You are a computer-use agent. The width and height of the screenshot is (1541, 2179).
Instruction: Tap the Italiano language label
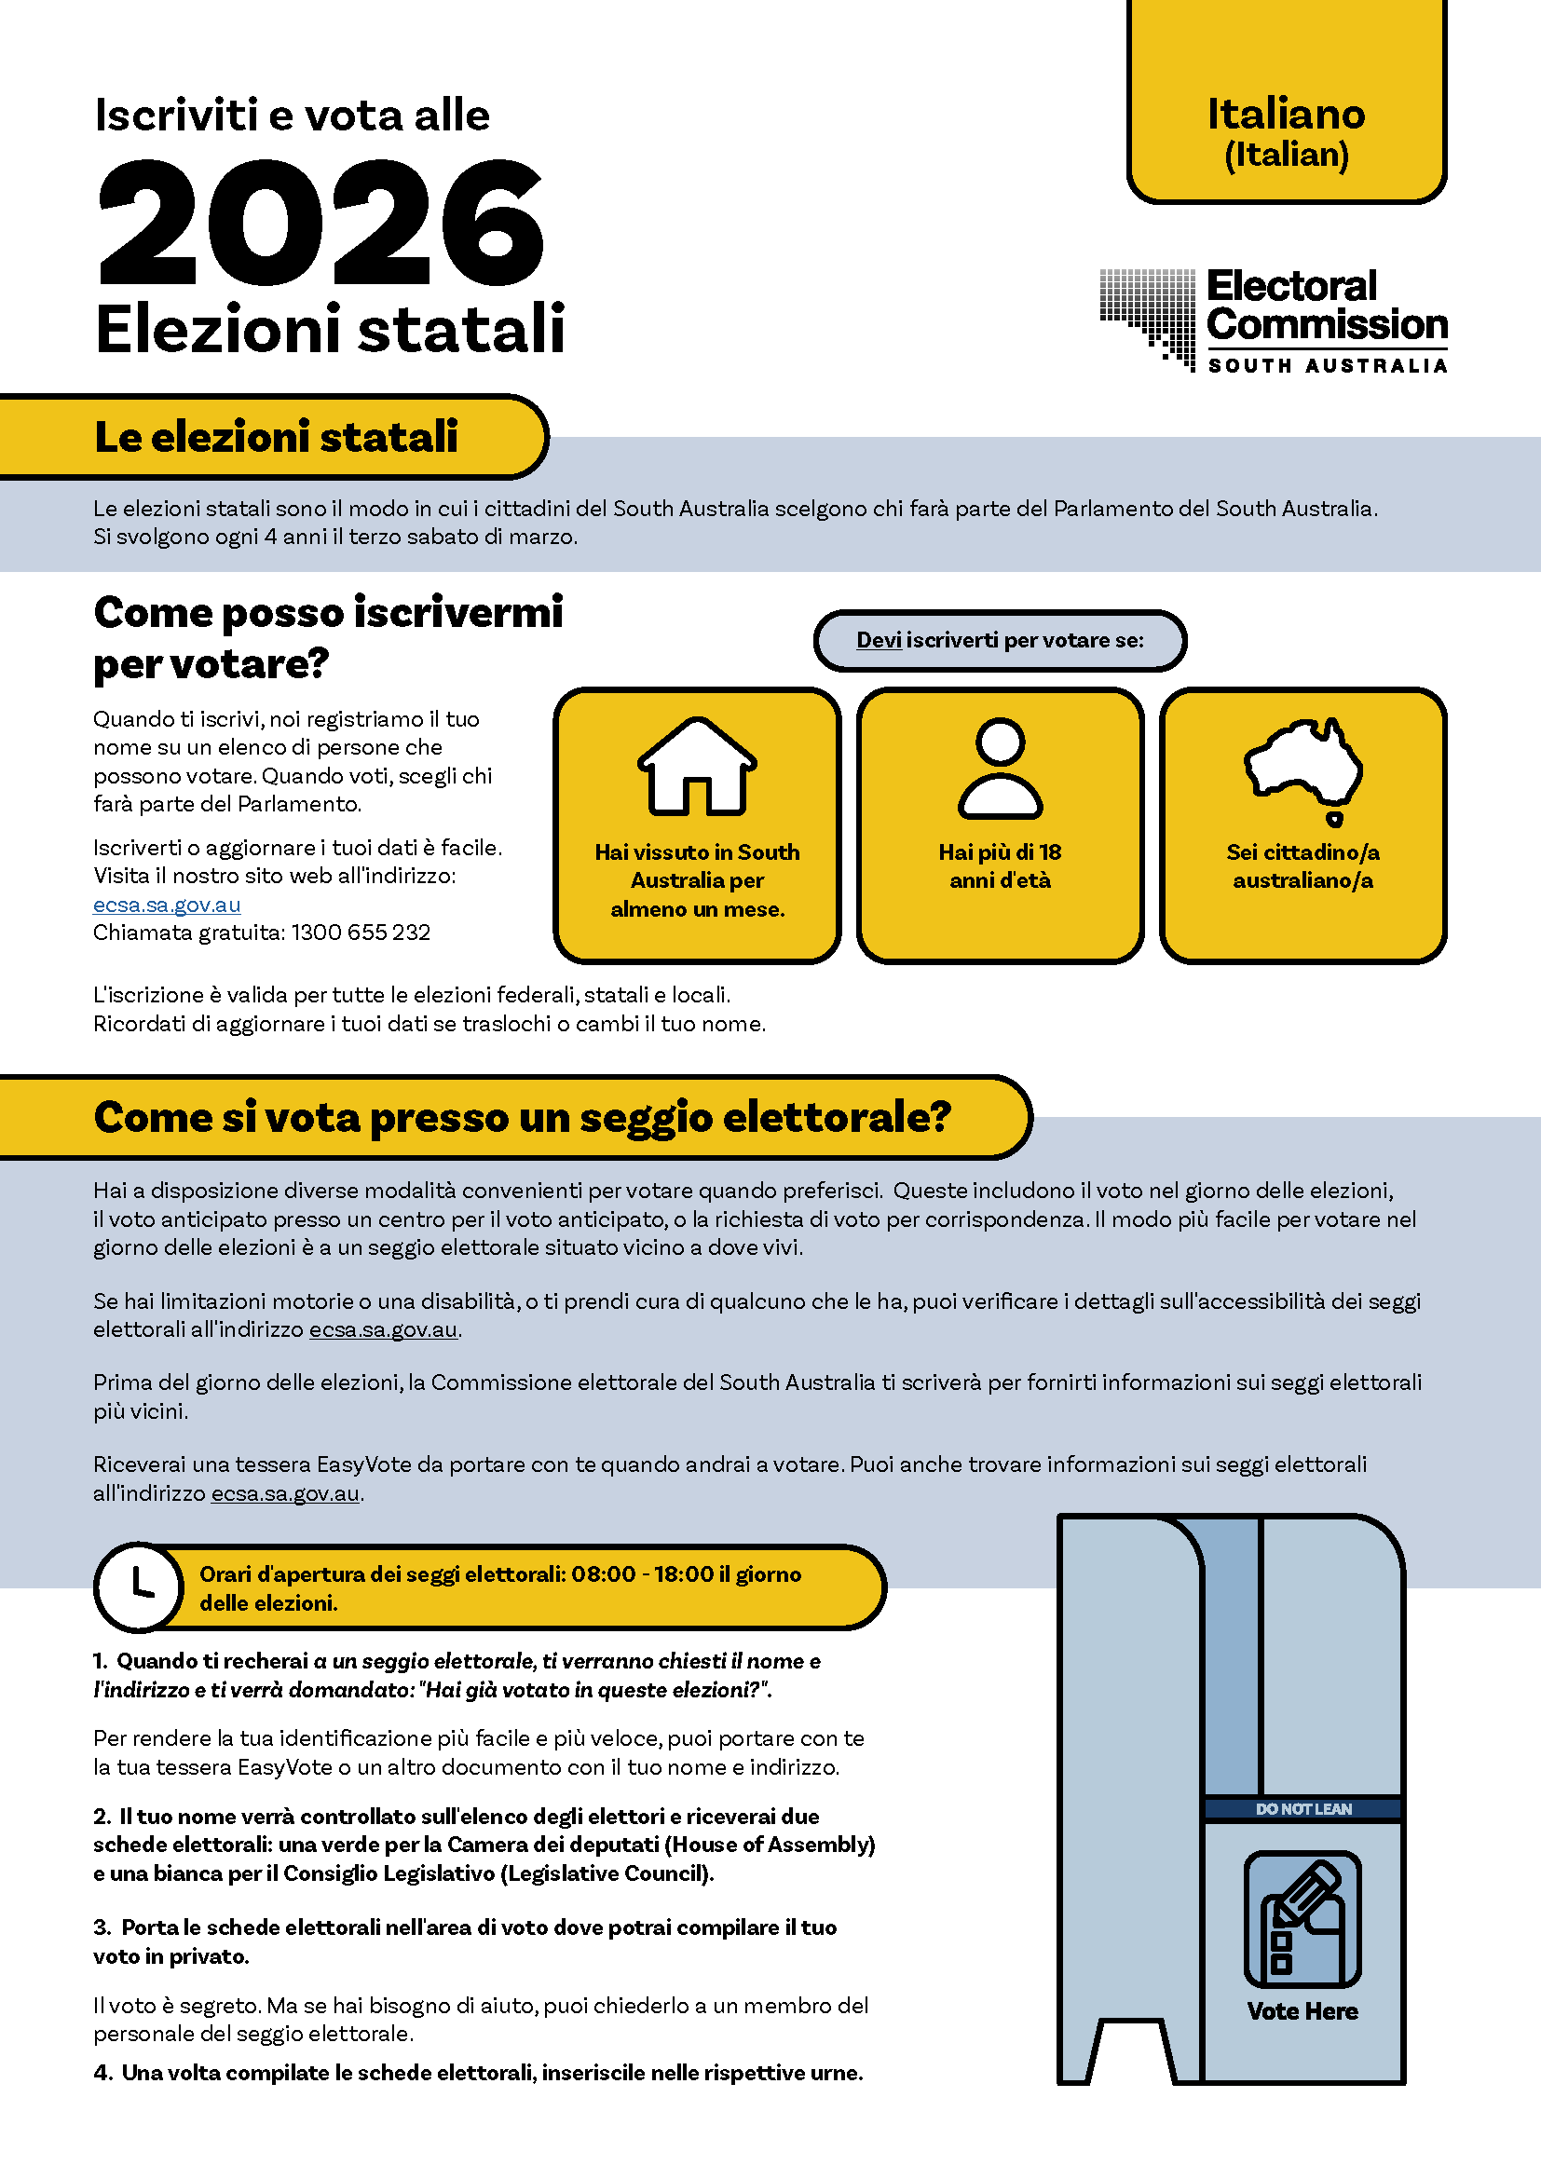tap(1286, 115)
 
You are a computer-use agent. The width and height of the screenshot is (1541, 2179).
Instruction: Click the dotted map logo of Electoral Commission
tap(1148, 318)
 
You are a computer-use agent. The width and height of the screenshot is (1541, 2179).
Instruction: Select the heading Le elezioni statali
tap(275, 438)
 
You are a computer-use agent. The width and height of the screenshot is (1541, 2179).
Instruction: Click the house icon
tap(697, 766)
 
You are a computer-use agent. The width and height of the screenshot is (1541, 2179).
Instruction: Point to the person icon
tap(1000, 768)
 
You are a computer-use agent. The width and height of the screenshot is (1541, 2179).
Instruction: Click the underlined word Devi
tap(879, 640)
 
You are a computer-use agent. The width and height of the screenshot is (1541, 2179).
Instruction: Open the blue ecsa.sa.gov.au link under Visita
tap(167, 905)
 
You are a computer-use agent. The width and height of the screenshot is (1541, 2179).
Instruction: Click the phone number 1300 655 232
tap(361, 933)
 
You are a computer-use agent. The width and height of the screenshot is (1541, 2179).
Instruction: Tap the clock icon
tap(140, 1586)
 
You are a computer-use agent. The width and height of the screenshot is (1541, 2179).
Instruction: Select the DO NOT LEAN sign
tap(1302, 1809)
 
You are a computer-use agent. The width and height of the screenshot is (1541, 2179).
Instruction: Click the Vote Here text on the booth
tap(1302, 2011)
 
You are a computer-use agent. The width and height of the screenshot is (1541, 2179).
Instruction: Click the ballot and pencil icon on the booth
tap(1302, 1919)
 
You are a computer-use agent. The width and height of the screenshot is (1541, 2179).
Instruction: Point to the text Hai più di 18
tap(1000, 852)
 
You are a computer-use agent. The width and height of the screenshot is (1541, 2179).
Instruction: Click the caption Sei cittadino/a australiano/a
tap(1302, 866)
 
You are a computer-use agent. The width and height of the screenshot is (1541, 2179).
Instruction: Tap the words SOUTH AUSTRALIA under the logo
tap(1328, 366)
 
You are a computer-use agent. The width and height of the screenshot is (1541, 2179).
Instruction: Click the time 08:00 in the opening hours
tap(604, 1574)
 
